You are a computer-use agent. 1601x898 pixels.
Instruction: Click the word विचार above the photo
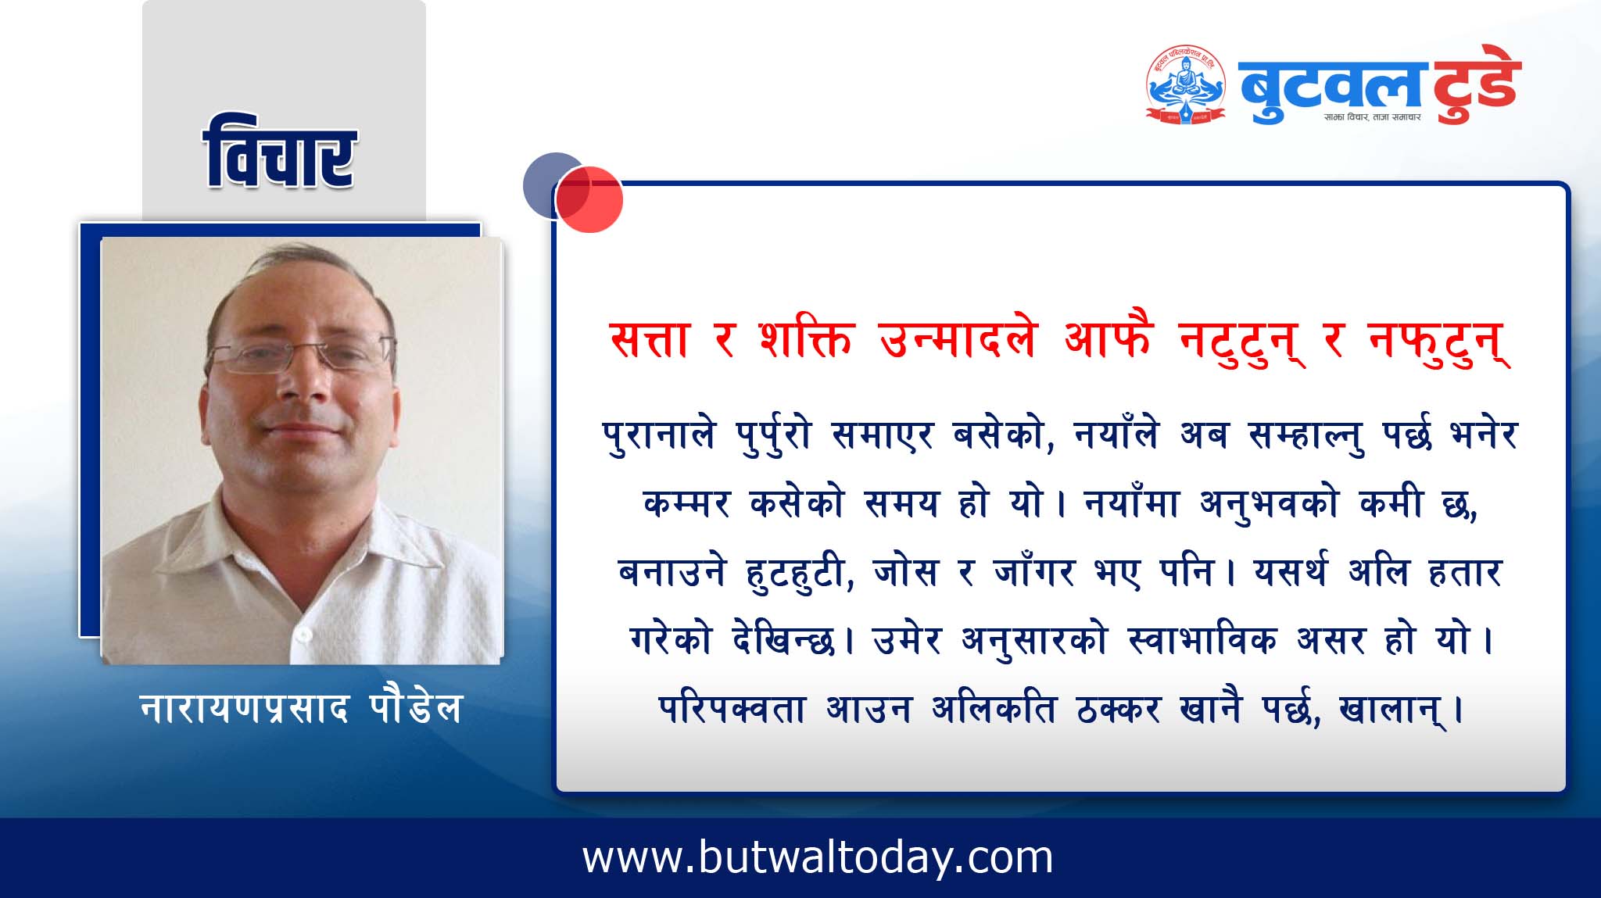280,153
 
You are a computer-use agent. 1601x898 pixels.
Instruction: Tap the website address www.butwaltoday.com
818,858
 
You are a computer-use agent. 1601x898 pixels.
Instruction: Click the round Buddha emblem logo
1185,84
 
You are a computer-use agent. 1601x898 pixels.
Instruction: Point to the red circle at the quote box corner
590,199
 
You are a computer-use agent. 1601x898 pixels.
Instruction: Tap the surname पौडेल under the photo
415,707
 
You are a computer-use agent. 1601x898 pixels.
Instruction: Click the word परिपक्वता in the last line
732,710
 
